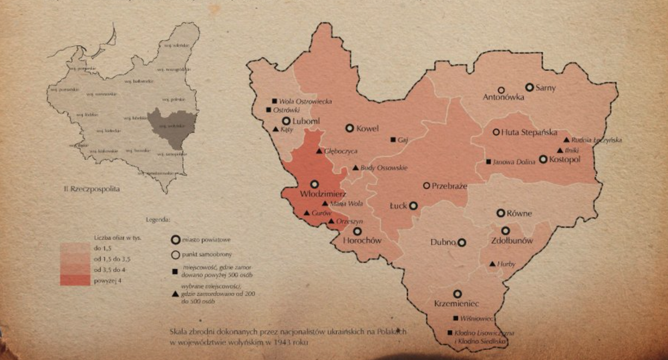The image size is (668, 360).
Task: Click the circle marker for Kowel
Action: pos(349,128)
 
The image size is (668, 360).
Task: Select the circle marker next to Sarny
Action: pos(529,87)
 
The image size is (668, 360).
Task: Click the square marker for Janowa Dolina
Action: pos(489,162)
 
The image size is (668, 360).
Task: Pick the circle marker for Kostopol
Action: pos(543,159)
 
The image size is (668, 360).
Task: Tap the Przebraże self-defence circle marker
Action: pos(426,185)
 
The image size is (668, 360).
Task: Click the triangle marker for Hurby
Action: pos(492,264)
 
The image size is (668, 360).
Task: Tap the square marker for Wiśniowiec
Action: pos(456,318)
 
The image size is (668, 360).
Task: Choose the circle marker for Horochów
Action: pos(357,230)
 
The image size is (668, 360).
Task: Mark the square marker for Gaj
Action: pos(393,140)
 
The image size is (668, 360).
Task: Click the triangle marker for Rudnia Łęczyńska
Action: pos(566,140)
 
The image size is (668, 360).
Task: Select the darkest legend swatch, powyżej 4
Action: pos(73,281)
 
